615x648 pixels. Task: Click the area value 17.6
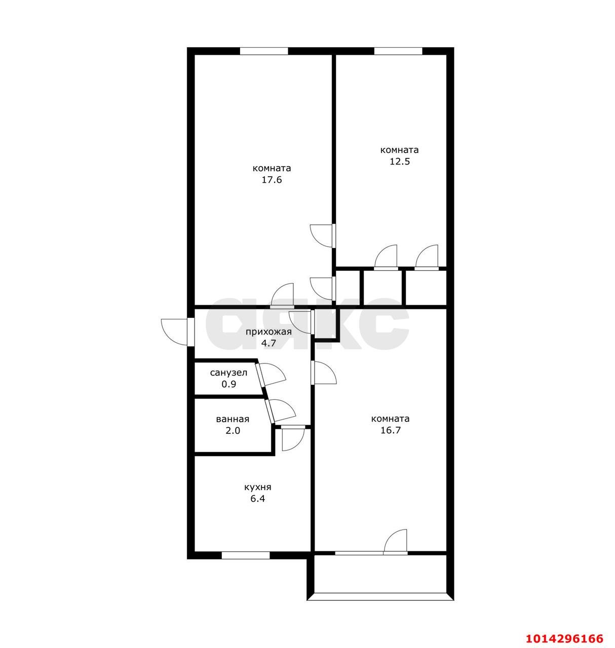(x=272, y=180)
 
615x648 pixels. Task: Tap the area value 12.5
(x=399, y=161)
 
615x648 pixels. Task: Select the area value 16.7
(x=390, y=430)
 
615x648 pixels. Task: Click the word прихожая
(x=268, y=332)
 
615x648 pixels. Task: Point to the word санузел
(x=228, y=373)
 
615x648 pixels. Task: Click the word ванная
(x=233, y=419)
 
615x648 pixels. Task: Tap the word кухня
(x=257, y=487)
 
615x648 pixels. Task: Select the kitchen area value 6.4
(x=257, y=498)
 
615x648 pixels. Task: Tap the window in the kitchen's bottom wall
(x=245, y=555)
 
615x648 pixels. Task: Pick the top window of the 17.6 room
(x=263, y=51)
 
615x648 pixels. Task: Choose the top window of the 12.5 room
(x=398, y=51)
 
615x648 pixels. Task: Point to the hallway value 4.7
(x=268, y=343)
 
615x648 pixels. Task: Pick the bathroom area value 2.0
(x=233, y=430)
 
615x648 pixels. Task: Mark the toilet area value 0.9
(x=228, y=384)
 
